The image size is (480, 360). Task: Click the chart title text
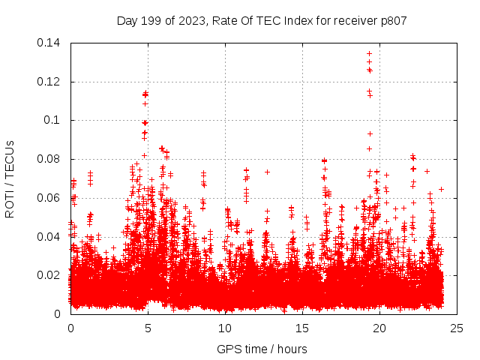coord(262,21)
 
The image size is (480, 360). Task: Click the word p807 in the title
coord(391,21)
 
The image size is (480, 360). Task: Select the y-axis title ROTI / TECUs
coord(10,178)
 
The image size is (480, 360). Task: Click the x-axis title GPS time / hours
coord(262,349)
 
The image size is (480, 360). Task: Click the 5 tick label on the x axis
coord(148,328)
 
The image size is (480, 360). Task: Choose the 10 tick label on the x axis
coord(225,328)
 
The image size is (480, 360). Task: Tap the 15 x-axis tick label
coord(302,328)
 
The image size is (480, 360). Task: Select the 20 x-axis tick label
coord(379,328)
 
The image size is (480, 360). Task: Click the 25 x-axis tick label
coord(457,328)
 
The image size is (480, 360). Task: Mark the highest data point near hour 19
coord(369,53)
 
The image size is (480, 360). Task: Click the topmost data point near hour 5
coord(145,94)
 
